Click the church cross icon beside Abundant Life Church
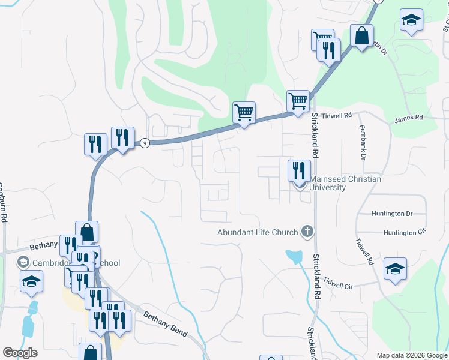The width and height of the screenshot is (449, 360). (x=307, y=232)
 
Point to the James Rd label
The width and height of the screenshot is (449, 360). (x=409, y=118)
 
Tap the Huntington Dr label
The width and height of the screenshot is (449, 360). (x=393, y=214)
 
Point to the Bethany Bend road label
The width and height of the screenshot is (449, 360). (x=164, y=324)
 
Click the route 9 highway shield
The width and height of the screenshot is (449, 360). (x=145, y=143)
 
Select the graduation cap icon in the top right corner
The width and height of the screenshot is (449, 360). (x=411, y=20)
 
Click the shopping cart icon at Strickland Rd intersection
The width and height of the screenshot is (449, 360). (x=298, y=100)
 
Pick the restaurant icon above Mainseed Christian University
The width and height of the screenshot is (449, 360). (x=298, y=170)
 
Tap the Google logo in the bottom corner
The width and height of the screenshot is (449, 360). (x=20, y=353)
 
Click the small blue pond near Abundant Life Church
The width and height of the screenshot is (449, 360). (x=294, y=257)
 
